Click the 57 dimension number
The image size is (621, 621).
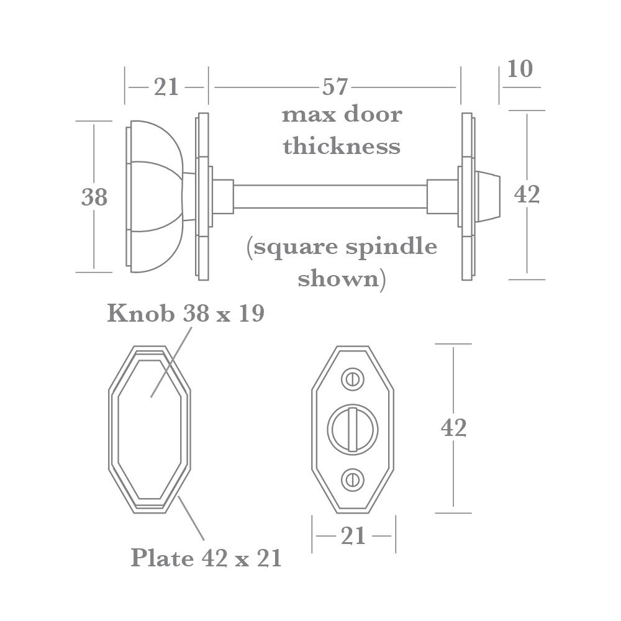click(x=335, y=88)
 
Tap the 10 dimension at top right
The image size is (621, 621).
click(x=520, y=69)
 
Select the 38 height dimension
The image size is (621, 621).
click(x=94, y=197)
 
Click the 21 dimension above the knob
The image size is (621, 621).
click(x=166, y=88)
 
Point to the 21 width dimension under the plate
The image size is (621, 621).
click(x=353, y=536)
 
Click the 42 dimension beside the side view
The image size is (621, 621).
click(x=527, y=194)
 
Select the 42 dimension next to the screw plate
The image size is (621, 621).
click(x=453, y=428)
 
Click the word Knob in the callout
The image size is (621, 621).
click(x=140, y=314)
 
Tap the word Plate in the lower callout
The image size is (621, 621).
click(x=162, y=558)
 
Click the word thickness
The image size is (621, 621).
click(x=342, y=147)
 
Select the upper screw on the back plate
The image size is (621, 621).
click(x=353, y=378)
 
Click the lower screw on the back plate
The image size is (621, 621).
click(x=353, y=479)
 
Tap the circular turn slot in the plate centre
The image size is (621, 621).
click(x=353, y=428)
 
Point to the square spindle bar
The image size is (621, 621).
click(x=329, y=196)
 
